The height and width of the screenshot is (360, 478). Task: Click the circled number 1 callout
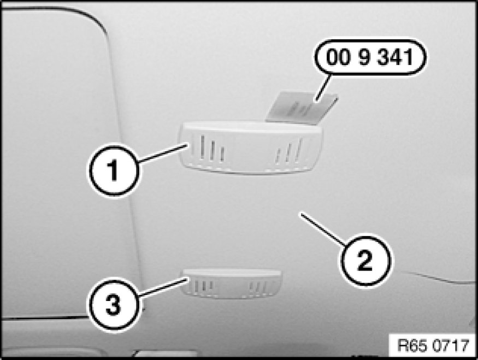pyautogui.click(x=114, y=170)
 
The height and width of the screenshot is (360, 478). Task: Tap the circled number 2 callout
pyautogui.click(x=365, y=259)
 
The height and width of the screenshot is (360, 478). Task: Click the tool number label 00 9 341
pyautogui.click(x=370, y=57)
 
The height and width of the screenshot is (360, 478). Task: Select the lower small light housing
pyautogui.click(x=232, y=284)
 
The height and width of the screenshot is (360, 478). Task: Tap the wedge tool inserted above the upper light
pyautogui.click(x=302, y=107)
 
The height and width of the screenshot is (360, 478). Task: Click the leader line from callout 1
pyautogui.click(x=163, y=154)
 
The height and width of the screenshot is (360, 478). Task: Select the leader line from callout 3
pyautogui.click(x=163, y=287)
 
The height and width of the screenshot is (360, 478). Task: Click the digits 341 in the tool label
pyautogui.click(x=396, y=57)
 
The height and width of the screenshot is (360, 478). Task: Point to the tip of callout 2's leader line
pyautogui.click(x=301, y=214)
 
